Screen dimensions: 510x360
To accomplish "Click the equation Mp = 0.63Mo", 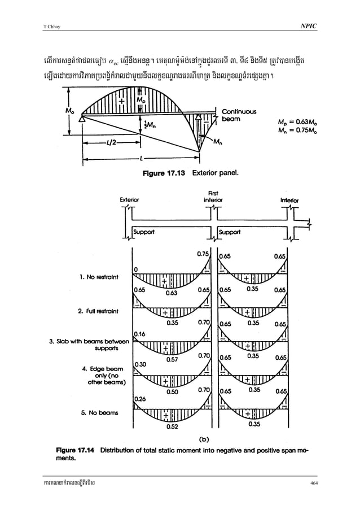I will coord(299,121).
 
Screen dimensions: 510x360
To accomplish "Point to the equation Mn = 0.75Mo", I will coord(299,131).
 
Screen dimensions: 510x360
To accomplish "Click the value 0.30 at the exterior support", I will coord(139,364).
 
